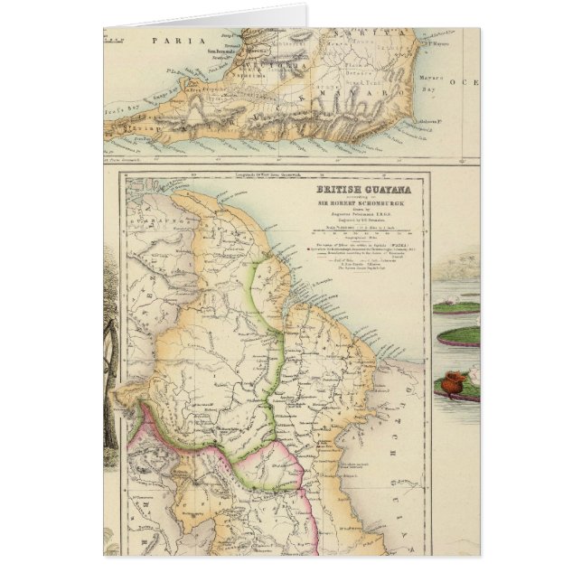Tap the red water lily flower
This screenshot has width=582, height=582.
[457, 376]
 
